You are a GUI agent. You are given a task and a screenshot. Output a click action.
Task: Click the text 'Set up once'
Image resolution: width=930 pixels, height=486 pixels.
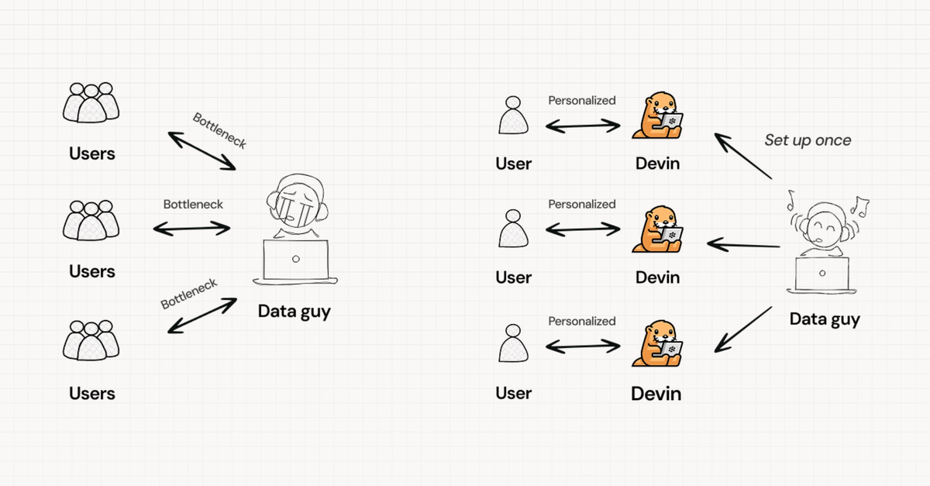click(x=808, y=140)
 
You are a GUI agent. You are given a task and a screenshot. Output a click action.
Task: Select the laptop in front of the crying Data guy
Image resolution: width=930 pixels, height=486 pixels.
click(x=295, y=262)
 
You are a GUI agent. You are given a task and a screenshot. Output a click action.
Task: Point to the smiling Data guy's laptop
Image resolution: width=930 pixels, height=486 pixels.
click(x=821, y=275)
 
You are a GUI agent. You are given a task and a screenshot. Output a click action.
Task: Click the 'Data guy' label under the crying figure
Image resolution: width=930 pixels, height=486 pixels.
click(x=294, y=312)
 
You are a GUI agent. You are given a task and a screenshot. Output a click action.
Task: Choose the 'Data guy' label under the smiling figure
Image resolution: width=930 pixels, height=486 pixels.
click(x=825, y=319)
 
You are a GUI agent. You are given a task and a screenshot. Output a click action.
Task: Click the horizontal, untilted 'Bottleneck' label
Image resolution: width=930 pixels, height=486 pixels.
click(x=193, y=205)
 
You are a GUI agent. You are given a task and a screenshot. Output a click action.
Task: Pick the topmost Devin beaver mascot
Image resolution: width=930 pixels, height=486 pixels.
click(x=657, y=115)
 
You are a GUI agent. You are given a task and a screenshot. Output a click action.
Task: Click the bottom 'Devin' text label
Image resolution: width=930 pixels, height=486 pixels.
click(x=656, y=394)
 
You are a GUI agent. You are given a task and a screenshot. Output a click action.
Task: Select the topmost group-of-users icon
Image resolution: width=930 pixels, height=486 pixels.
click(x=91, y=102)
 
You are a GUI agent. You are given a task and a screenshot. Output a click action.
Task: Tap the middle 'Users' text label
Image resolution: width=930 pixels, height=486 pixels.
click(x=91, y=271)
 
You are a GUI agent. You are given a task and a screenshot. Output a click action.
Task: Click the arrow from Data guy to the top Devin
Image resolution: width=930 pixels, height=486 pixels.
click(x=742, y=156)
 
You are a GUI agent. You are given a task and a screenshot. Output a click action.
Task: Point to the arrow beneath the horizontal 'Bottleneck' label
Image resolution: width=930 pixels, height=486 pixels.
click(x=192, y=229)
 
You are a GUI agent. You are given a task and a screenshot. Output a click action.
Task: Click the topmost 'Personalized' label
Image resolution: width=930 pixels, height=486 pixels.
click(x=582, y=101)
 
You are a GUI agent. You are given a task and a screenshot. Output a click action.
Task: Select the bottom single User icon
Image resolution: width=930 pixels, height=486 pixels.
click(x=514, y=343)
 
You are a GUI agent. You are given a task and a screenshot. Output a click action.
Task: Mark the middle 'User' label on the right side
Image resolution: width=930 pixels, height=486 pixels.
click(x=513, y=277)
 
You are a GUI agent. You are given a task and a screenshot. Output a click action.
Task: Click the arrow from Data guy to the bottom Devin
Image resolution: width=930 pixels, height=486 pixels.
click(x=742, y=330)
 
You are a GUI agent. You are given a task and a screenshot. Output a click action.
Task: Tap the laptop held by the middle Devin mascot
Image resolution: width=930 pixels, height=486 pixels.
click(x=670, y=236)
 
